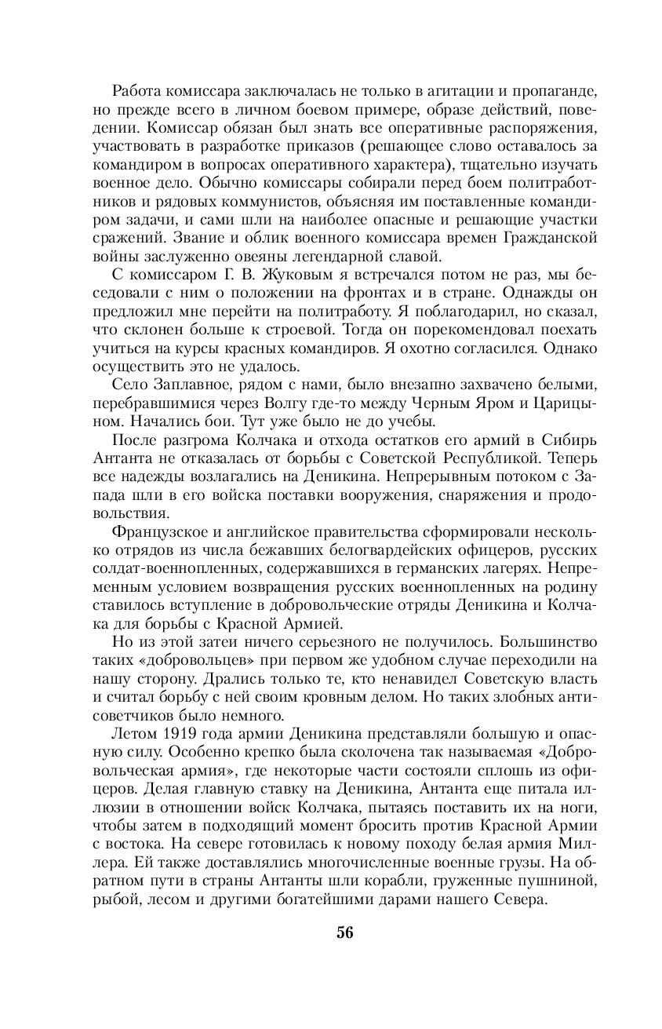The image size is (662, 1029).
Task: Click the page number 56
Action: pyautogui.click(x=345, y=933)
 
